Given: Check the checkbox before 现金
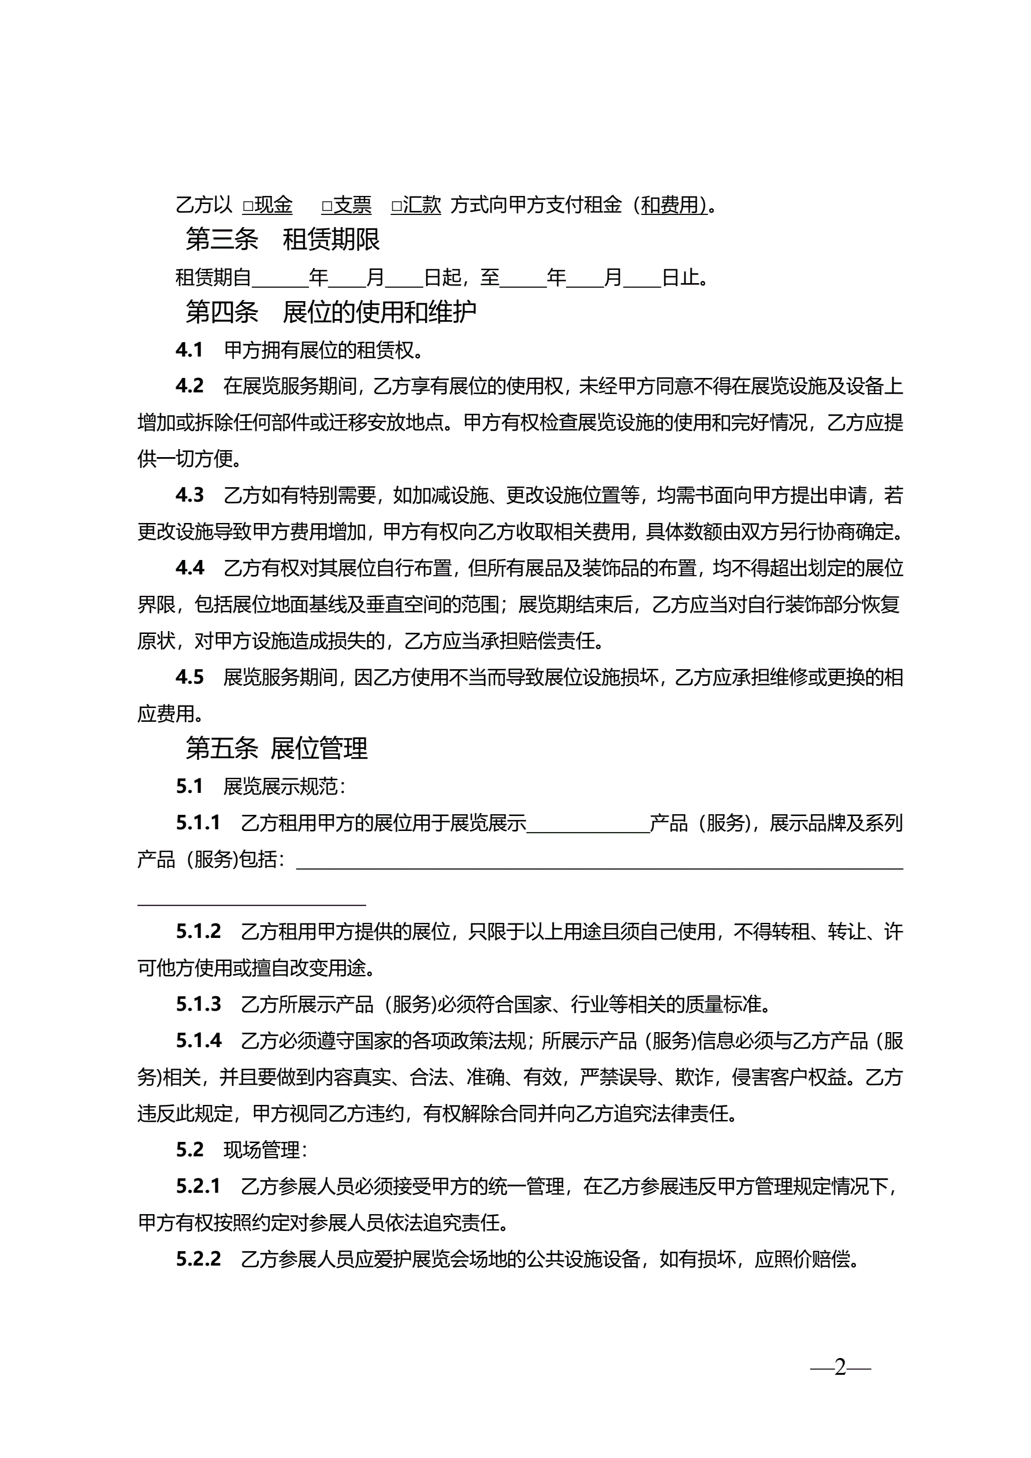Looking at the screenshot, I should [x=248, y=206].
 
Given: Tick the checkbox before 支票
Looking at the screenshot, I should [x=327, y=206].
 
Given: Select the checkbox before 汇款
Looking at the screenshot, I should [x=396, y=206].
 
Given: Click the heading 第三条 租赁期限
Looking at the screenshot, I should [x=282, y=239].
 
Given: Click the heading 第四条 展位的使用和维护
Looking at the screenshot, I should [x=331, y=312].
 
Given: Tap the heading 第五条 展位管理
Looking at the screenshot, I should [x=276, y=749].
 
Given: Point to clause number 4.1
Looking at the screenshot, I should [x=189, y=350].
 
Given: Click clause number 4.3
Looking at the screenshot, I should [x=189, y=495].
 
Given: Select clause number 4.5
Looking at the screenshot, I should [x=189, y=677].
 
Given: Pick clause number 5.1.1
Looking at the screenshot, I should [x=198, y=823].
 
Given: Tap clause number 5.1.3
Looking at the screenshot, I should [x=198, y=1004].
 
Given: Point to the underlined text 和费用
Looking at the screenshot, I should [x=673, y=205].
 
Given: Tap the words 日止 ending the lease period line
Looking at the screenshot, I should [x=680, y=277].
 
